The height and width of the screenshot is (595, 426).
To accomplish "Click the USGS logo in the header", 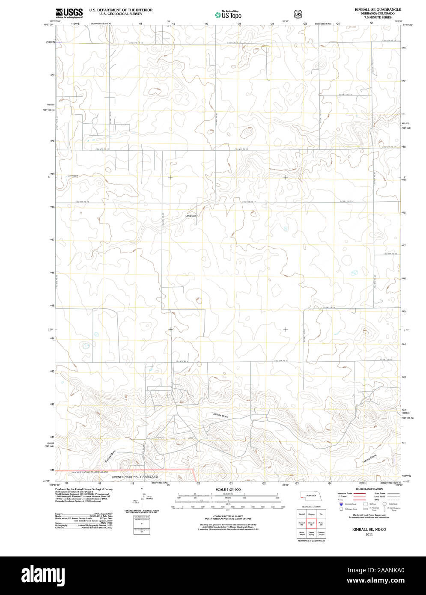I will [69, 13].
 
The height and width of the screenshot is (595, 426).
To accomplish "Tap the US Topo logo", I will [228, 15].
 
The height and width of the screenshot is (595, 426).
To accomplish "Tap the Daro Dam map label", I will [73, 176].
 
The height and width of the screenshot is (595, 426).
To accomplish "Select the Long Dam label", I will [191, 216].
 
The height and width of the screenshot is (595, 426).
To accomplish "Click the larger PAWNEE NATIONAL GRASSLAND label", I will [134, 477].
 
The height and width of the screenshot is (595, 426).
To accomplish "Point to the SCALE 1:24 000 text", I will [228, 489].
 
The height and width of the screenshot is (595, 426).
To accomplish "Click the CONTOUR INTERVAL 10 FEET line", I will [228, 517].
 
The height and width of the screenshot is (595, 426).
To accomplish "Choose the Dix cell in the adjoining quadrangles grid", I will [321, 514].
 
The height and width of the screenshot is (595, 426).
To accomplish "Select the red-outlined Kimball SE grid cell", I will [311, 524].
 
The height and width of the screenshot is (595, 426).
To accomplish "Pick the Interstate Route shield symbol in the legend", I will [341, 504].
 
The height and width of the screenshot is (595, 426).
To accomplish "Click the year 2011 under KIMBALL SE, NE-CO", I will [369, 535].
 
